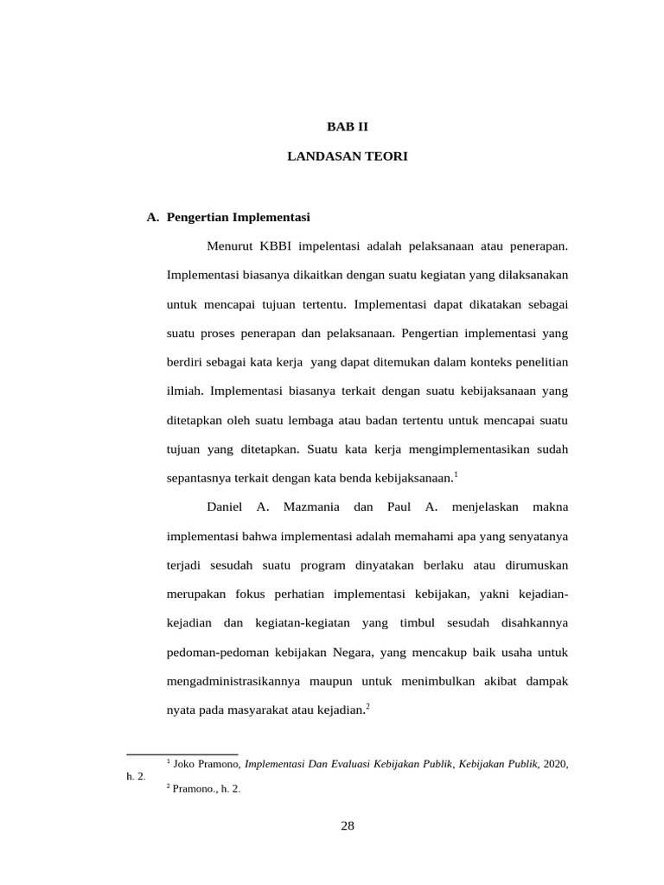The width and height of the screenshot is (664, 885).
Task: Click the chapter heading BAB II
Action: point(347,126)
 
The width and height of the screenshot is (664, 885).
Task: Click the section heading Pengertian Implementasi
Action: point(238,217)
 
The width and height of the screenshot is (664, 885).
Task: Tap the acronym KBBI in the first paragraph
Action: point(275,246)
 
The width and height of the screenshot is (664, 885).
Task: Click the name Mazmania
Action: point(311,506)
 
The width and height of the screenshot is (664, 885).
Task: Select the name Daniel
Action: point(225,506)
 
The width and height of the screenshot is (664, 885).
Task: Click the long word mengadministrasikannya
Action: point(233,681)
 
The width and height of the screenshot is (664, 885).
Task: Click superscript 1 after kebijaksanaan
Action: point(456,474)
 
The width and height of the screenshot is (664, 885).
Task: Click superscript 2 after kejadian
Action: point(367,706)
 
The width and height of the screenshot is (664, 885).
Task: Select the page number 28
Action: point(348,825)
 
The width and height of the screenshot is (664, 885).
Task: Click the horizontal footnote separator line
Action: point(182,754)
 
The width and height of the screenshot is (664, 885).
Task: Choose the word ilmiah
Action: point(184,391)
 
